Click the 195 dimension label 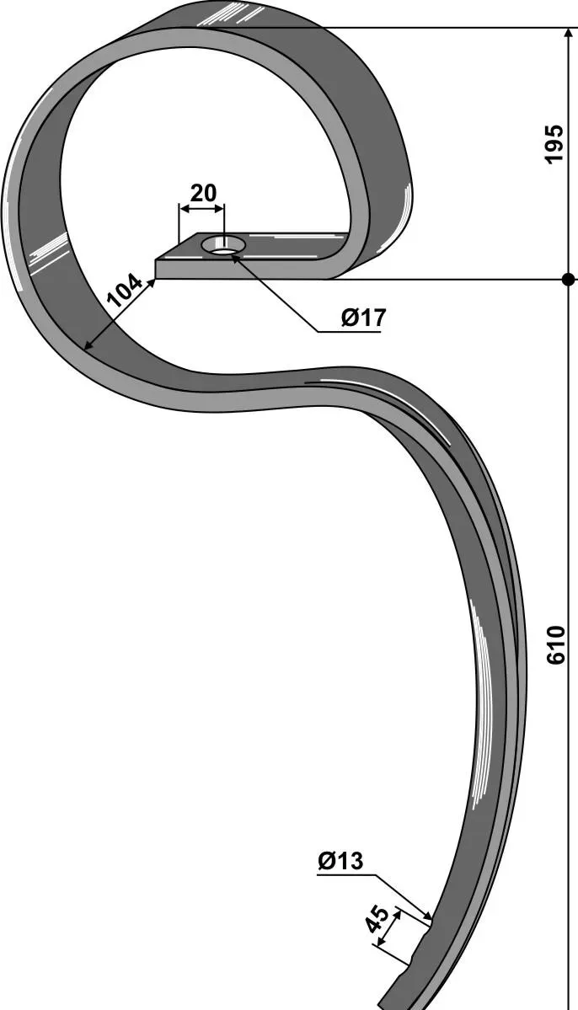click(x=554, y=143)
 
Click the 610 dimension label click(x=554, y=644)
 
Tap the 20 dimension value click(x=203, y=193)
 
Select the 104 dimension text click(x=124, y=291)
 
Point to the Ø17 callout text click(x=363, y=317)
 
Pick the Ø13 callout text click(x=340, y=861)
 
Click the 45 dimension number click(x=377, y=920)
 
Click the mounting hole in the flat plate click(x=223, y=245)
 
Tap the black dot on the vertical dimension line click(x=568, y=280)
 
